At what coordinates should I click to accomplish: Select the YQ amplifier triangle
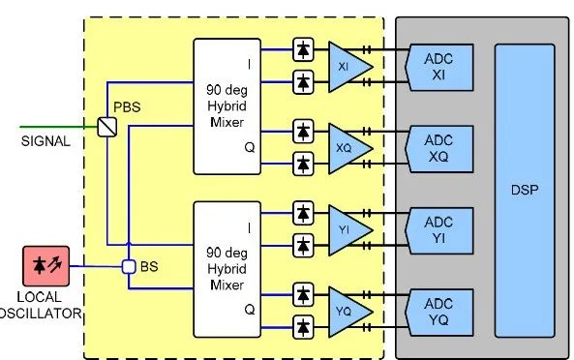347,310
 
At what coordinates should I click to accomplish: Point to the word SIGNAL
45,141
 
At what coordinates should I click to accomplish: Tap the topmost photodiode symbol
303,48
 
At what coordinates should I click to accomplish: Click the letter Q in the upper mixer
249,148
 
